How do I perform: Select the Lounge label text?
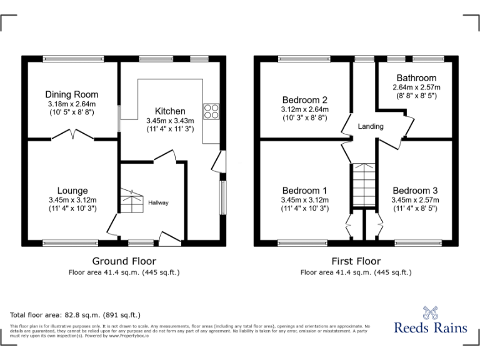[72, 191]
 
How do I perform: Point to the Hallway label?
[158, 202]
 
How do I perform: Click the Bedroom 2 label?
[304, 99]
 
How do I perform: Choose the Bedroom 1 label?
[304, 191]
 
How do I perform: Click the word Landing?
[371, 126]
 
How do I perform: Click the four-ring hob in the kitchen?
[211, 111]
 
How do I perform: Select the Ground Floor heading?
[124, 261]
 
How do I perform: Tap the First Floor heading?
[356, 261]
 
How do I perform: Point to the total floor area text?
[76, 315]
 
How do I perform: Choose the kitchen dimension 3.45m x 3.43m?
[170, 121]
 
